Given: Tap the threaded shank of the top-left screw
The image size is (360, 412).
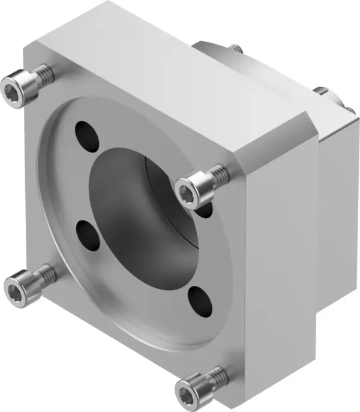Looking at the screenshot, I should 43,75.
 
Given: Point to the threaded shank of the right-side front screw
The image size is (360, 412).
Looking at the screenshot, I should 218,174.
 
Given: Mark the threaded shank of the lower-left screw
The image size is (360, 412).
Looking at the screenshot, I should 44,276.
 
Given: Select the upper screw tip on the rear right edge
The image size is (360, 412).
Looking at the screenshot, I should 321,92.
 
